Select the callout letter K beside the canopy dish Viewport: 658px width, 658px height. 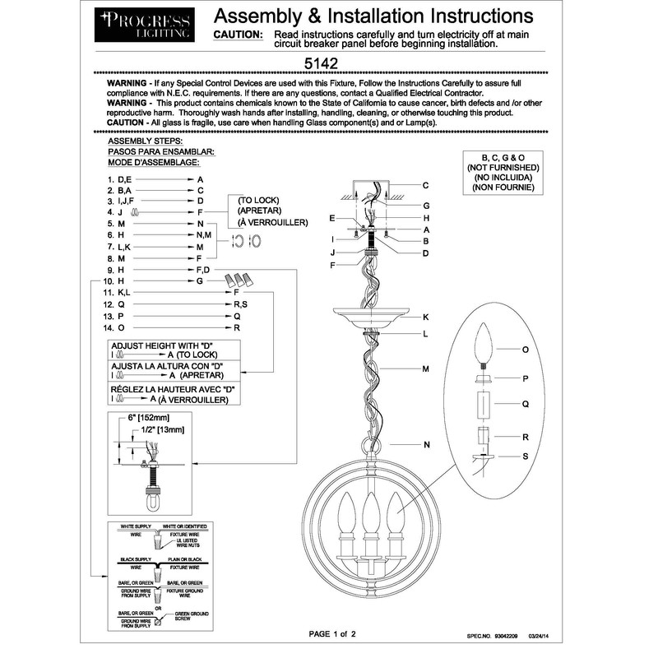[x=426, y=317]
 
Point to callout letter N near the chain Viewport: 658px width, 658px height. [x=426, y=445]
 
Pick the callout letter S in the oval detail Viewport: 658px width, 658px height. [x=525, y=456]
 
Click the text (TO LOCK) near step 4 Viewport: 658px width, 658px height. [x=259, y=200]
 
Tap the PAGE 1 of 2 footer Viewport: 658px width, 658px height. [x=331, y=634]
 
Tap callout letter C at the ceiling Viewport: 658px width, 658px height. [x=426, y=185]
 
